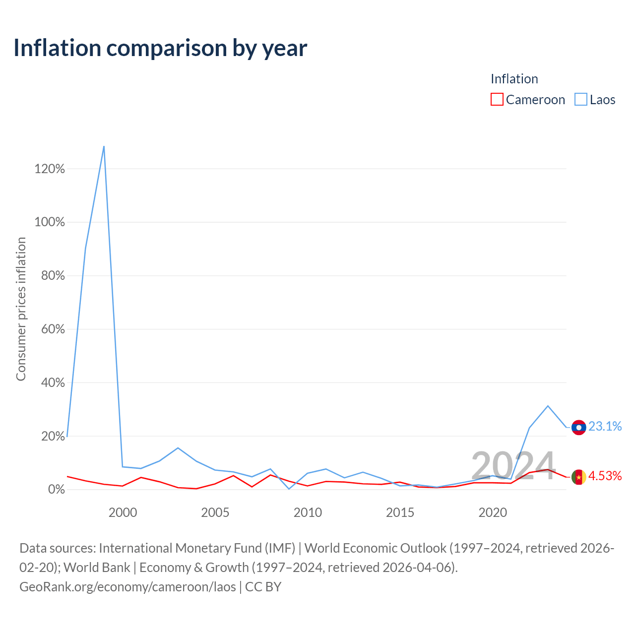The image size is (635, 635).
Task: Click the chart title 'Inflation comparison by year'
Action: click(160, 48)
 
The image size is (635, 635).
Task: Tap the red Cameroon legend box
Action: click(497, 99)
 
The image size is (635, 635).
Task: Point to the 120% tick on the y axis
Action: click(50, 169)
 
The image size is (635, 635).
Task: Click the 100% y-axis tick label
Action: click(50, 222)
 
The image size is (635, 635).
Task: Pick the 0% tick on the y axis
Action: click(56, 490)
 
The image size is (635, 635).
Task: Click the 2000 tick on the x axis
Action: click(123, 512)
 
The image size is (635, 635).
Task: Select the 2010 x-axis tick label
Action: click(308, 512)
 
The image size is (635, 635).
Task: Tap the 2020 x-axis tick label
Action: click(493, 512)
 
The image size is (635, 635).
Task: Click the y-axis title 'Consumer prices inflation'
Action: click(21, 309)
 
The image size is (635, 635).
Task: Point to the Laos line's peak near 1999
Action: click(104, 146)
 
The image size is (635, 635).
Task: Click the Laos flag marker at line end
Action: click(578, 427)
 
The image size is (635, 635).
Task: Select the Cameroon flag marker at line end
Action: click(578, 477)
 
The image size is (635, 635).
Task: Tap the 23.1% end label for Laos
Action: click(605, 427)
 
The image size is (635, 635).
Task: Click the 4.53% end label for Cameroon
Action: click(605, 476)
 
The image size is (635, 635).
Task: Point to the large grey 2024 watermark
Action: click(513, 466)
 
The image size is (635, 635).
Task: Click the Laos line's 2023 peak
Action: click(548, 406)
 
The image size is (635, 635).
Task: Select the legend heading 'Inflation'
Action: click(514, 79)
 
